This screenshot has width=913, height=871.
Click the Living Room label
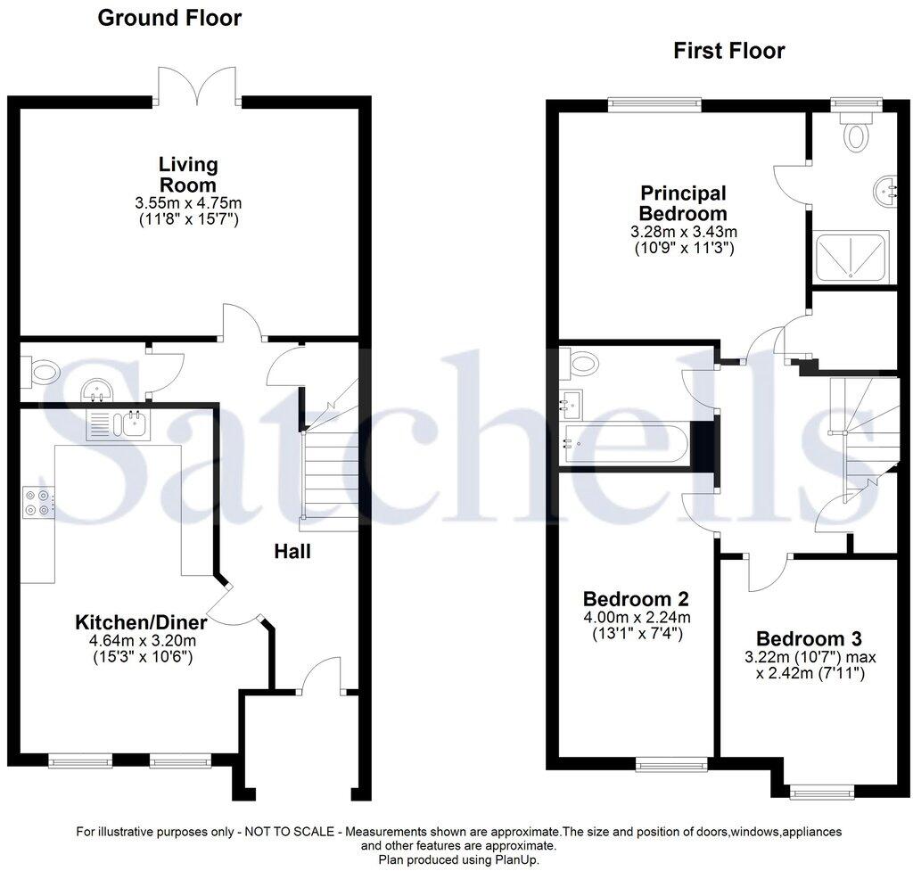tap(188, 175)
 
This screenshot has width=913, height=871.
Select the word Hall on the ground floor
tap(292, 552)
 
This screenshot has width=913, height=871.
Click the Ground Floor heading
tap(169, 18)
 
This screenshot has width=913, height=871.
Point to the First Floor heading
tap(729, 51)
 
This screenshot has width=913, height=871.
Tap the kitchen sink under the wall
tap(118, 423)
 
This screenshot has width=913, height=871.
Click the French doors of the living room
tap(196, 86)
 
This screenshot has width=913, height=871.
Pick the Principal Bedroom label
tap(683, 203)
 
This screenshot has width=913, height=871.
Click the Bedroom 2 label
tap(635, 598)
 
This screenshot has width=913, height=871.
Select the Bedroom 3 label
tap(809, 639)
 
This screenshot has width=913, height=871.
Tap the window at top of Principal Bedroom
tap(654, 104)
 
